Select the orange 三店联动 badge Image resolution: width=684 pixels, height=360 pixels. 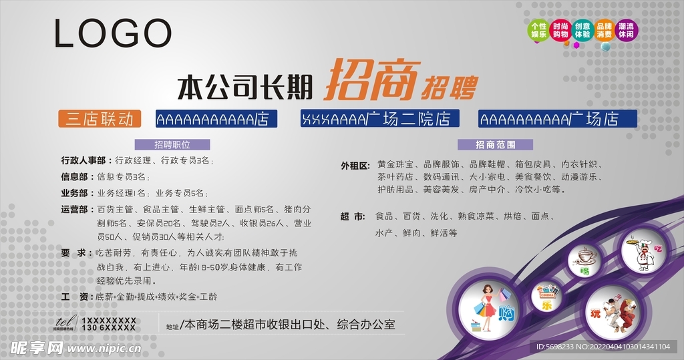tap(100, 119)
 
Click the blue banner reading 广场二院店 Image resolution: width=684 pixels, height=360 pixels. tap(380, 119)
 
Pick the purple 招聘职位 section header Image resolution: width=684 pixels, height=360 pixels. tap(172, 144)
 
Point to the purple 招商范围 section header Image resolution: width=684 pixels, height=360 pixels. tap(495, 144)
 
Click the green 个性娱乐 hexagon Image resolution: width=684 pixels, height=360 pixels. tap(538, 30)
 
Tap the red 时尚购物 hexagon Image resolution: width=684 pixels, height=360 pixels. tap(560, 30)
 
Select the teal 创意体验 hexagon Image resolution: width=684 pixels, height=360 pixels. tap(582, 30)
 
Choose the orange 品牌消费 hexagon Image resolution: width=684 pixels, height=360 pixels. tap(605, 30)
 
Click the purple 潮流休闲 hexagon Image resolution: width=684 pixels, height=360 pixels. tap(627, 30)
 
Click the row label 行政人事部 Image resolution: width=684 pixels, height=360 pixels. tap(83, 160)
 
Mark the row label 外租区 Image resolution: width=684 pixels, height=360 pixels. tap(355, 165)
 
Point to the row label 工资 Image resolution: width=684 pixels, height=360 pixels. tap(74, 296)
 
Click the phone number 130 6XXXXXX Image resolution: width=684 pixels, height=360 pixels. tap(108, 329)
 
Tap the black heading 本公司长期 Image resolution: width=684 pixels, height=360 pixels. tap(245, 87)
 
